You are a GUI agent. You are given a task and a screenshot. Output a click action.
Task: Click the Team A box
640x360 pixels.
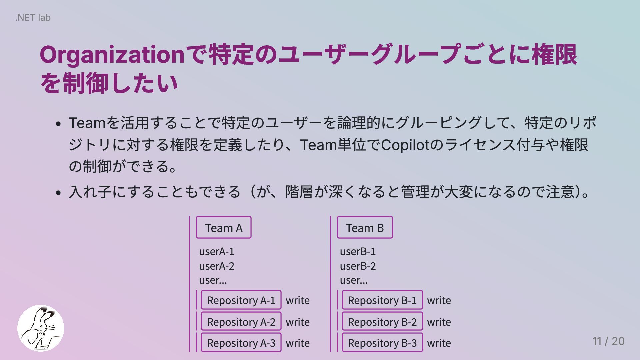tap(224, 228)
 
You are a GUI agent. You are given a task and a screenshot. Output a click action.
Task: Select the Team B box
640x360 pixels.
tap(365, 228)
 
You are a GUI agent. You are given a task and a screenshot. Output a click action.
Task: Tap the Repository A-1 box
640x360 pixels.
tap(241, 300)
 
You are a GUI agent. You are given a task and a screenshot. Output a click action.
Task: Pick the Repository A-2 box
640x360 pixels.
tap(241, 322)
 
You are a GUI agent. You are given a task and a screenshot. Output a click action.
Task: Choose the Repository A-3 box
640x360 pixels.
tap(241, 343)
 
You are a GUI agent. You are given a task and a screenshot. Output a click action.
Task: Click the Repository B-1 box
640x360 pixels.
tap(382, 300)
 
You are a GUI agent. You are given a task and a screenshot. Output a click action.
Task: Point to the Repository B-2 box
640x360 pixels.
tap(382, 322)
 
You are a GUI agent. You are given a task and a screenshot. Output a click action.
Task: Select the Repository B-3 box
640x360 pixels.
tap(382, 343)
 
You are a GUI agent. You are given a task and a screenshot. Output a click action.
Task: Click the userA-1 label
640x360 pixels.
tap(217, 251)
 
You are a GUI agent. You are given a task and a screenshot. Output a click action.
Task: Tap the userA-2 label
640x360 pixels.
tap(217, 266)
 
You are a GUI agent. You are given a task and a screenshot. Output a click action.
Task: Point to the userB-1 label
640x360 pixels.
tap(358, 251)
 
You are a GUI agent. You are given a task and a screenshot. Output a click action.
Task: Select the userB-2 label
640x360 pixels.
tap(358, 266)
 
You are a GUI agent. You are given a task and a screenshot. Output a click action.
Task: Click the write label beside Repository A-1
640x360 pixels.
tap(298, 300)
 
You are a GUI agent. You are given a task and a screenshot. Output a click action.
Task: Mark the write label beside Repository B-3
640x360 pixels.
tap(439, 343)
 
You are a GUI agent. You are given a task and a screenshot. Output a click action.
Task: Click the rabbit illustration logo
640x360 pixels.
tap(41, 328)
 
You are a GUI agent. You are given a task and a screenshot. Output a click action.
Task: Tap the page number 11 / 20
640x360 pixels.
tap(608, 341)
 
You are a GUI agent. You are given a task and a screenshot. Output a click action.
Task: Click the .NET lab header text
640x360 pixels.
tap(33, 17)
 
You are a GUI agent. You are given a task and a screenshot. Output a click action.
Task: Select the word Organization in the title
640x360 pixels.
tap(112, 55)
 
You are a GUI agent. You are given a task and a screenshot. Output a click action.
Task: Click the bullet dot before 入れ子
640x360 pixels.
tap(59, 193)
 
